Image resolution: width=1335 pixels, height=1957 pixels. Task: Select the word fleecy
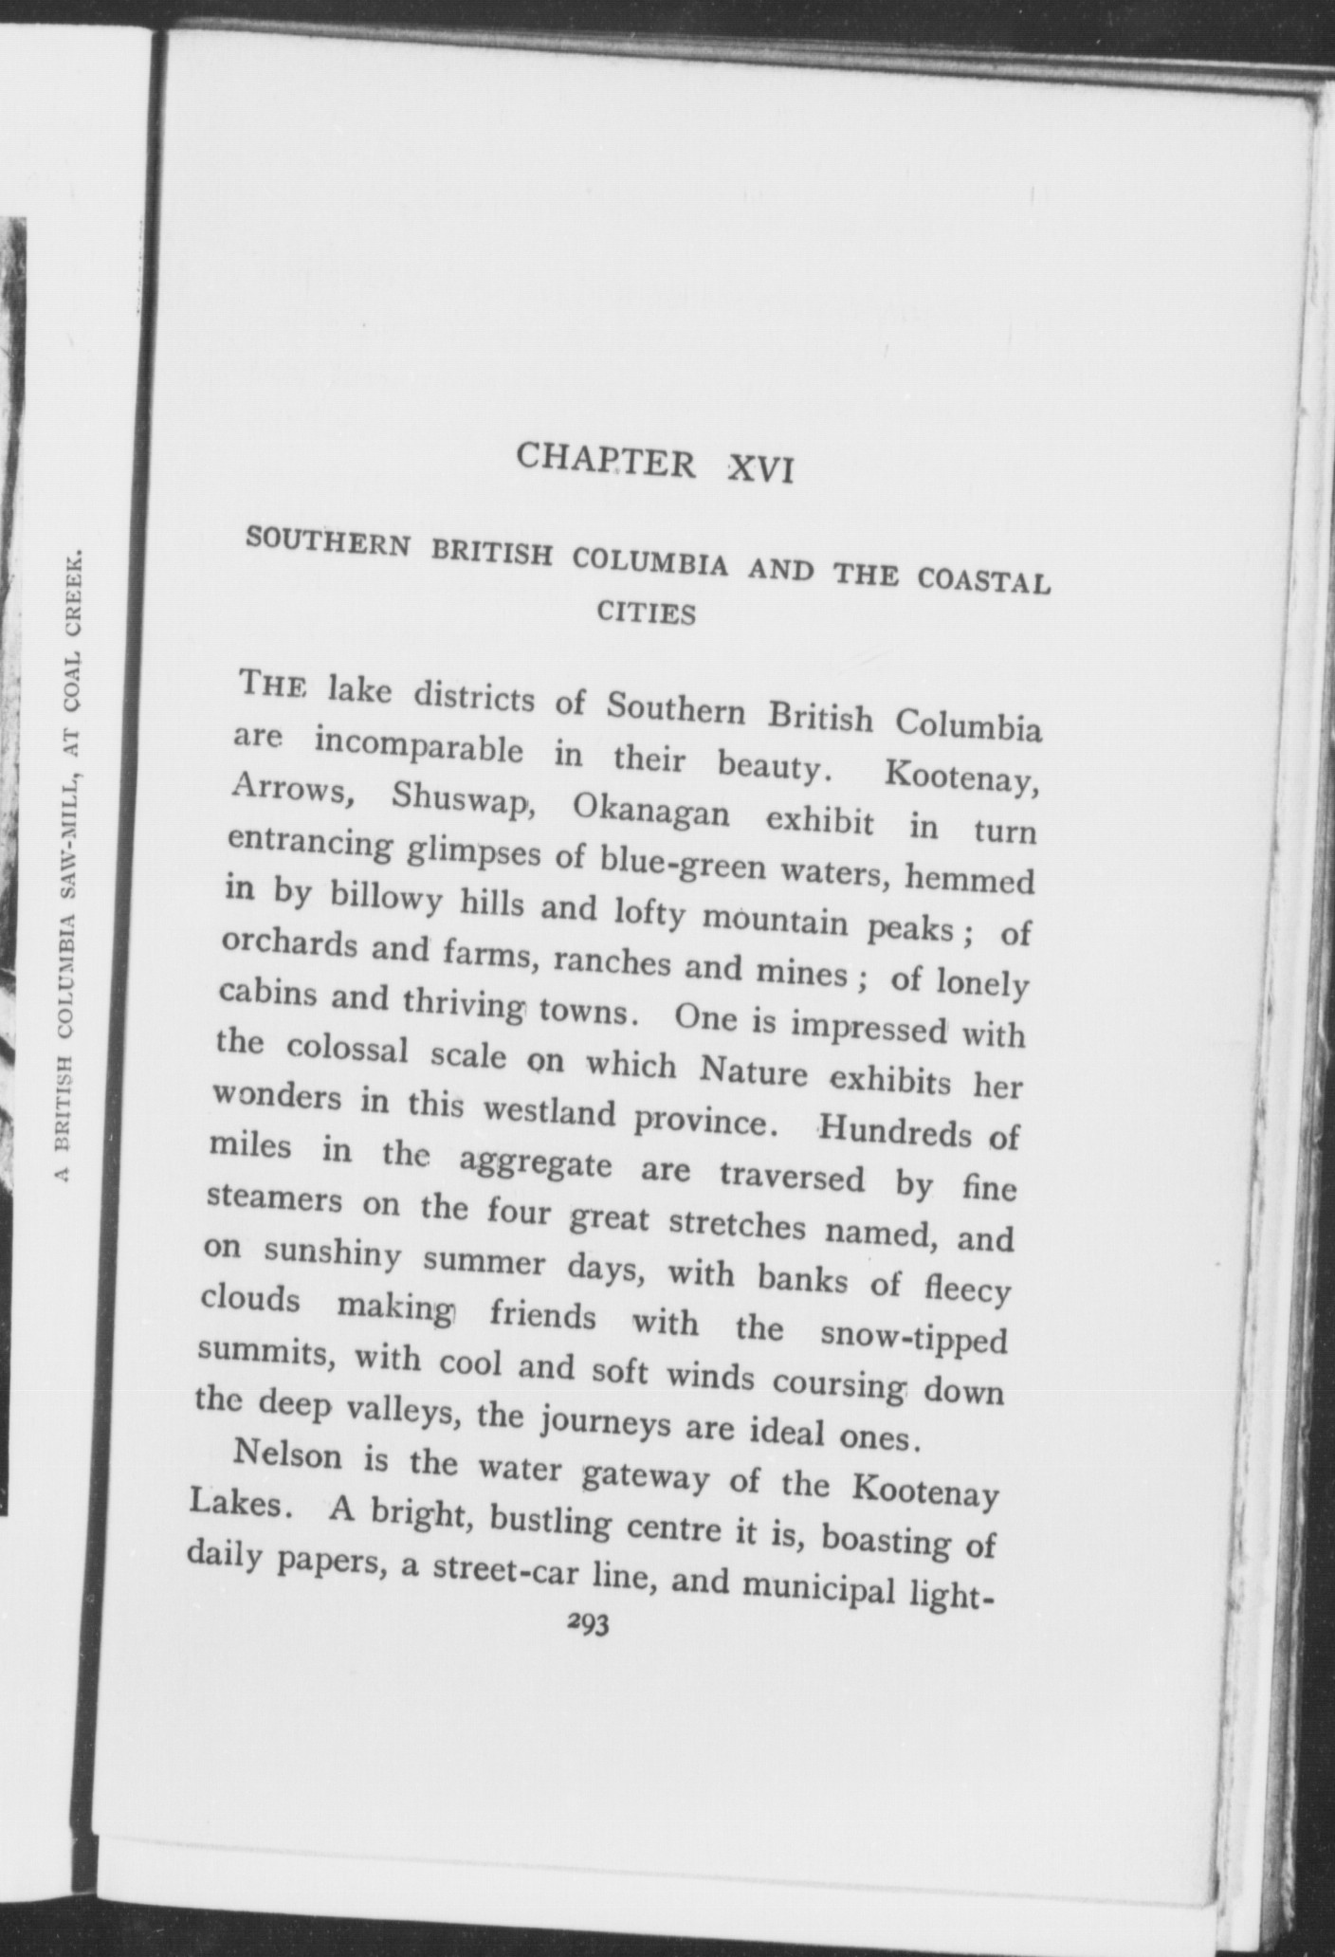pos(962,1289)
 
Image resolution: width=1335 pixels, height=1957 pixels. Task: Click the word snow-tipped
pos(913,1338)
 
